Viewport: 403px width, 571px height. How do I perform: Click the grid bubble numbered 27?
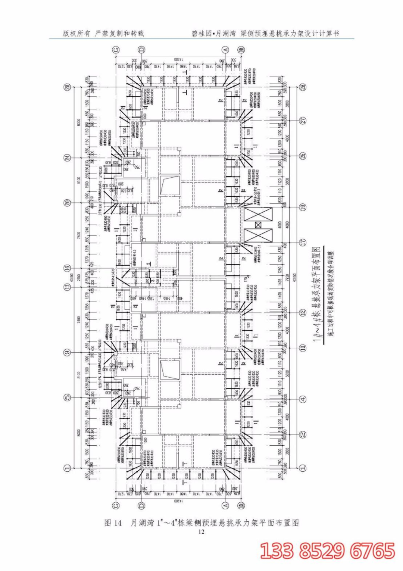tap(303, 121)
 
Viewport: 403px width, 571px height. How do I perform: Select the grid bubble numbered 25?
tap(303, 156)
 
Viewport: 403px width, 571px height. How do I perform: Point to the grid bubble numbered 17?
tap(303, 242)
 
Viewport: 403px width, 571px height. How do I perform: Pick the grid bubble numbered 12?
tap(303, 313)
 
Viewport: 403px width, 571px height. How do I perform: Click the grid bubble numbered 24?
tap(68, 157)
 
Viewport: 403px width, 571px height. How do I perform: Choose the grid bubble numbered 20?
tap(68, 203)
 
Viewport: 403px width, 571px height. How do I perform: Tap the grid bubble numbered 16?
tap(68, 268)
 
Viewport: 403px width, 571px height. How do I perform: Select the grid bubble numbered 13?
tap(68, 287)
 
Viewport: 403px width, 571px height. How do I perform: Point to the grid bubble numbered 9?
tap(68, 352)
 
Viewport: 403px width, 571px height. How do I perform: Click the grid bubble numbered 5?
tap(68, 397)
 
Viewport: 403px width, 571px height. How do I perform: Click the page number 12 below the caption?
tap(201, 532)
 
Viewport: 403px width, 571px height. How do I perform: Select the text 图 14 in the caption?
tap(113, 523)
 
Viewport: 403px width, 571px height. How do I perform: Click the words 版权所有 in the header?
tap(76, 34)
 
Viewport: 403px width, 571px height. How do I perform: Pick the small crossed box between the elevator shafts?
tap(258, 225)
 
